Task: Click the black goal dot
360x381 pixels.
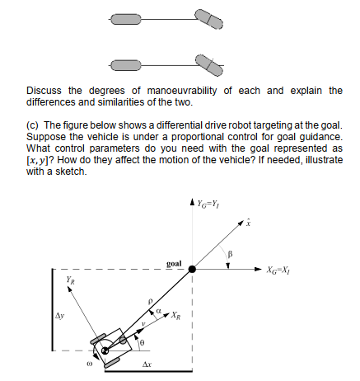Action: pyautogui.click(x=192, y=268)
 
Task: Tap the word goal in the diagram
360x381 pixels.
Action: pyautogui.click(x=173, y=264)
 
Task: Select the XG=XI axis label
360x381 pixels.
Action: pyautogui.click(x=278, y=269)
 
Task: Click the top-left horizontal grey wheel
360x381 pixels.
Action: pyautogui.click(x=124, y=19)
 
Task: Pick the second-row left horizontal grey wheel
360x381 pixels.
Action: pyautogui.click(x=124, y=63)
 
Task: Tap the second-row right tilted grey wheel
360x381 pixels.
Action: pyautogui.click(x=206, y=62)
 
